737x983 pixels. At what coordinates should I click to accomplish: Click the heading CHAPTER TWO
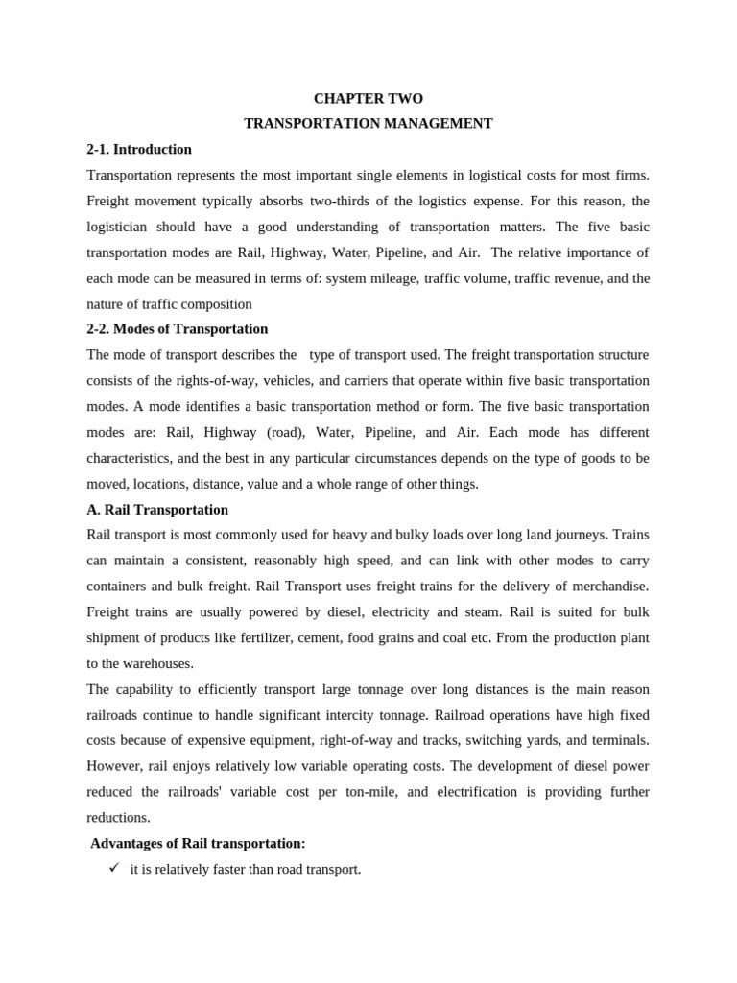pos(368,99)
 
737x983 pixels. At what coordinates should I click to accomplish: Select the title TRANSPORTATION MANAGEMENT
pos(368,124)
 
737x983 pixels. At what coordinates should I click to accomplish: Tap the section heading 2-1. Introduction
pos(139,150)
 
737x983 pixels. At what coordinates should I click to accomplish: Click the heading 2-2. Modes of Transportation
pos(178,329)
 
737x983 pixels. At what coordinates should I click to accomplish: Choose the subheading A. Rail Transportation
pos(157,510)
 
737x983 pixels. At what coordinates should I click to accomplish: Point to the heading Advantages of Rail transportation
pos(198,844)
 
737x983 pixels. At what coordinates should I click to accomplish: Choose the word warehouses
pos(154,663)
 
